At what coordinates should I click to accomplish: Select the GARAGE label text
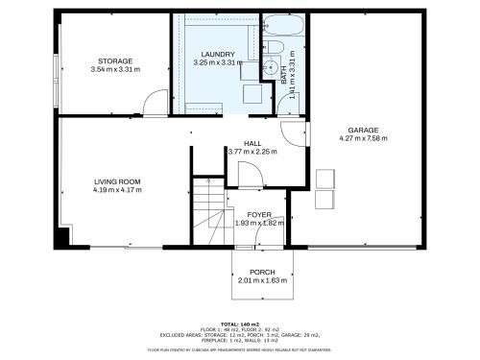tap(363, 130)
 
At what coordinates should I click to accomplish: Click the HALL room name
tap(252, 142)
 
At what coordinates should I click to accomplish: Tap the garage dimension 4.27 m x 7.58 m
tap(363, 138)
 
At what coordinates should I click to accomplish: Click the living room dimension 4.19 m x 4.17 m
tap(117, 189)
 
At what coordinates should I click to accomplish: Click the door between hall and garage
tap(293, 136)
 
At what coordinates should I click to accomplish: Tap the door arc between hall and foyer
tap(249, 174)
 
